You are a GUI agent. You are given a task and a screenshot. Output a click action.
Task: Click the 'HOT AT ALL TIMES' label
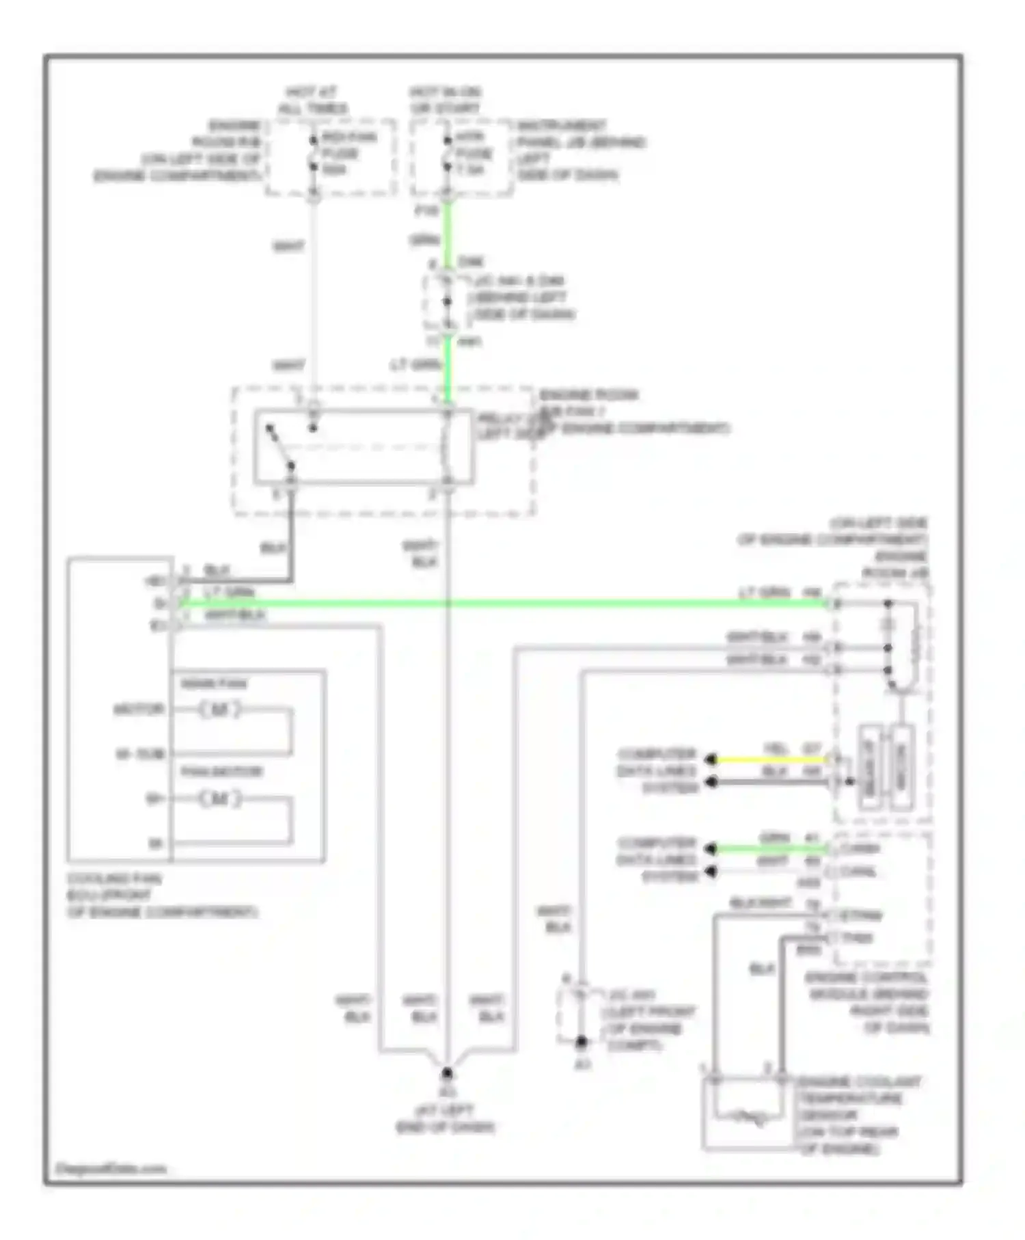tap(312, 100)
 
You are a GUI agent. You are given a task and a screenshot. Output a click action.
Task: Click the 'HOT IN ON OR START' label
tap(445, 100)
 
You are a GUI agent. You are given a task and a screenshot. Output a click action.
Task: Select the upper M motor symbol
tap(219, 710)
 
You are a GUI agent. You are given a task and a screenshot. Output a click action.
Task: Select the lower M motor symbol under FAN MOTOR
tap(219, 798)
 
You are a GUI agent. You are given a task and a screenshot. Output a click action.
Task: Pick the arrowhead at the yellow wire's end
tap(711, 759)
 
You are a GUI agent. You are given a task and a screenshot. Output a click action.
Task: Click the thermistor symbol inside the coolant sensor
tap(748, 1118)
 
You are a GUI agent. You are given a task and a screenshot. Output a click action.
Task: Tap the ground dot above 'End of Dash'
tap(447, 1073)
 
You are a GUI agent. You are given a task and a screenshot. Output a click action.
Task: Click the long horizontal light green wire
tap(478, 604)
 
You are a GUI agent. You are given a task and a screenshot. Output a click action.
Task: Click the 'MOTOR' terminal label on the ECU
tap(139, 710)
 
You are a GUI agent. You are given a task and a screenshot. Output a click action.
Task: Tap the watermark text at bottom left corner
tap(111, 1169)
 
